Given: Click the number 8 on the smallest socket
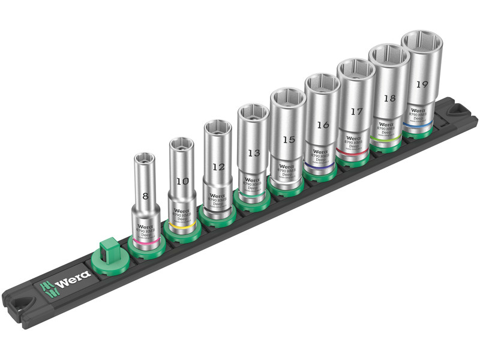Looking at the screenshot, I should pyautogui.click(x=145, y=196).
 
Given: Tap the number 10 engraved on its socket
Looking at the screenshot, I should pyautogui.click(x=181, y=181).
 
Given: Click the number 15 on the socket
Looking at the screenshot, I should pyautogui.click(x=289, y=139).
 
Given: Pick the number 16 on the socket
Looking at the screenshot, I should pyautogui.click(x=323, y=125).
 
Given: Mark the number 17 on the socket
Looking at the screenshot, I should pyautogui.click(x=356, y=111).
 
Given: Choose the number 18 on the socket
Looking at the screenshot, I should pyautogui.click(x=389, y=98).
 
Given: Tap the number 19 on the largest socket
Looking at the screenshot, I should pyautogui.click(x=421, y=84).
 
